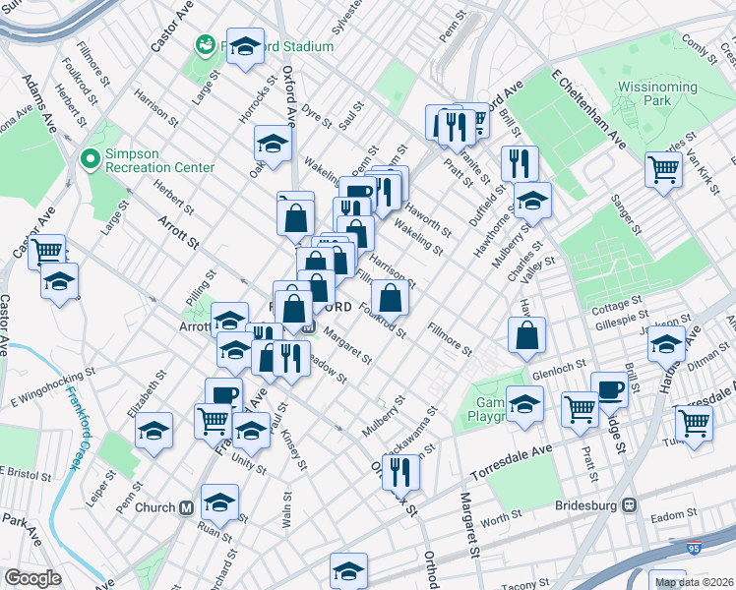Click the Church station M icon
186,507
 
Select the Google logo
32,577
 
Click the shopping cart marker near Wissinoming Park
664,168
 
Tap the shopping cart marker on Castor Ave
46,251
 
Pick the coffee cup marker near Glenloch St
609,388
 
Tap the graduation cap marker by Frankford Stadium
245,44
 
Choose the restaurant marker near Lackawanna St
400,471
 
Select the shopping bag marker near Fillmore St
528,334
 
